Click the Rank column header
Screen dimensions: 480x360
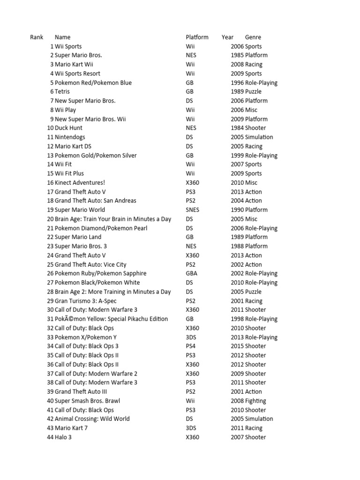click(x=37, y=37)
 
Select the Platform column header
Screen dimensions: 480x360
click(x=197, y=37)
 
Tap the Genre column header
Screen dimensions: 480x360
click(x=253, y=37)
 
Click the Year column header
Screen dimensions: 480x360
click(x=228, y=37)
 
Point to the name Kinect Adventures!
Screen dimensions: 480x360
click(x=80, y=182)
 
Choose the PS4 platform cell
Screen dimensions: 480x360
click(x=190, y=346)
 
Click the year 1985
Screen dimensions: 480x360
click(x=237, y=55)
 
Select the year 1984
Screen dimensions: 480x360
click(x=237, y=128)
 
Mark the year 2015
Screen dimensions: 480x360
click(x=237, y=346)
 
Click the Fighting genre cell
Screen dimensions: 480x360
click(x=255, y=401)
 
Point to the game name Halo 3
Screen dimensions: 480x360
click(x=63, y=437)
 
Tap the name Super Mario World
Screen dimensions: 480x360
click(x=80, y=210)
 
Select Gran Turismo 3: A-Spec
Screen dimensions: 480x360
click(x=86, y=301)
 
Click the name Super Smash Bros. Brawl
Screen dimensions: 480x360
click(x=87, y=401)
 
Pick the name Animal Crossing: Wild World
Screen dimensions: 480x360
click(x=92, y=419)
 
